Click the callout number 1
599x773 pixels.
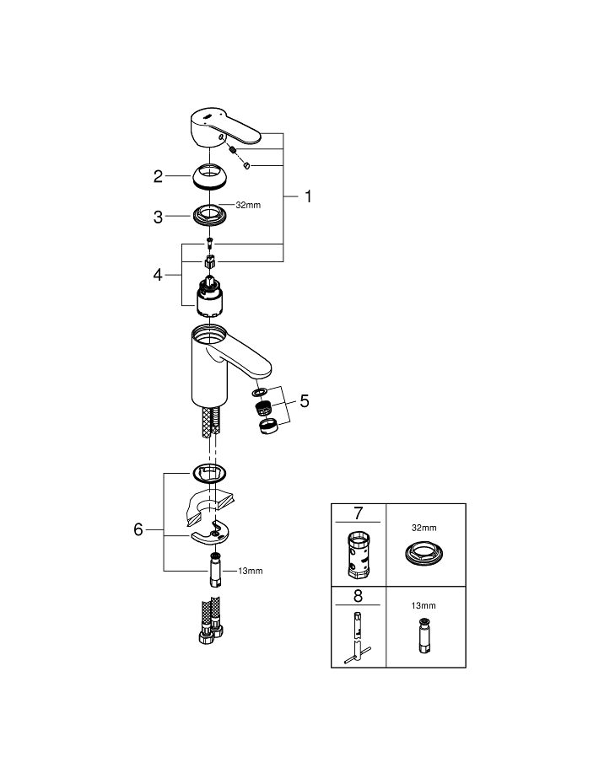pyautogui.click(x=308, y=196)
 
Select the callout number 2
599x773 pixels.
pyautogui.click(x=158, y=176)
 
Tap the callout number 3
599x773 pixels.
pyautogui.click(x=158, y=217)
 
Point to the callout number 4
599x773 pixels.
pyautogui.click(x=158, y=275)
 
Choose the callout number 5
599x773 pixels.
pyautogui.click(x=304, y=400)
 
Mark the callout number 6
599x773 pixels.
pyautogui.click(x=139, y=529)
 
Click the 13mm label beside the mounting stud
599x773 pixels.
pyautogui.click(x=251, y=571)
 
